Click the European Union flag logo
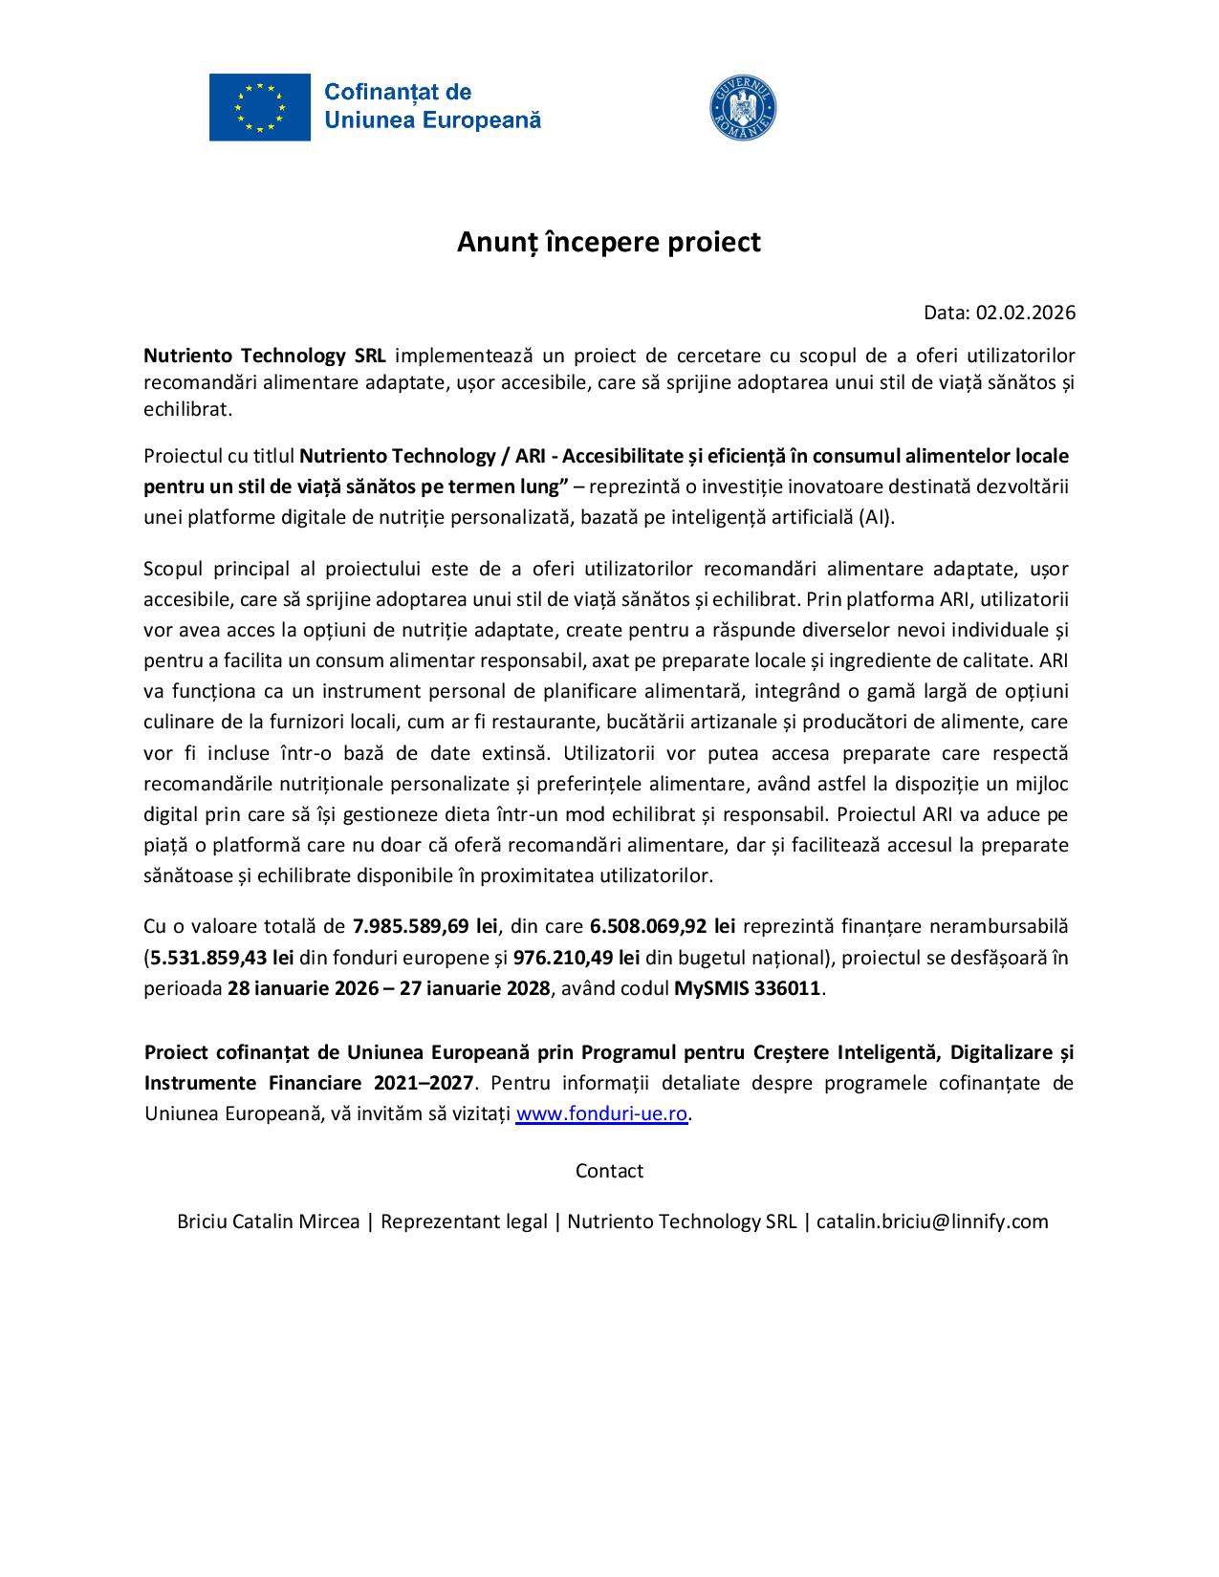259,107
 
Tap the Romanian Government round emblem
743,107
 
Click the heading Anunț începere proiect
608,242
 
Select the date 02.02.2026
1025,313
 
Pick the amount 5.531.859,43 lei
222,957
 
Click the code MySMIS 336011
748,988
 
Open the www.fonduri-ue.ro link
601,1114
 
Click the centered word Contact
609,1171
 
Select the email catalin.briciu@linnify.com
932,1221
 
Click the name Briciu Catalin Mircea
269,1221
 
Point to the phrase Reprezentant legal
464,1221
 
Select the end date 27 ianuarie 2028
475,988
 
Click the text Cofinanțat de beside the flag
398,92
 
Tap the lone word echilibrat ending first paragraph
187,409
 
